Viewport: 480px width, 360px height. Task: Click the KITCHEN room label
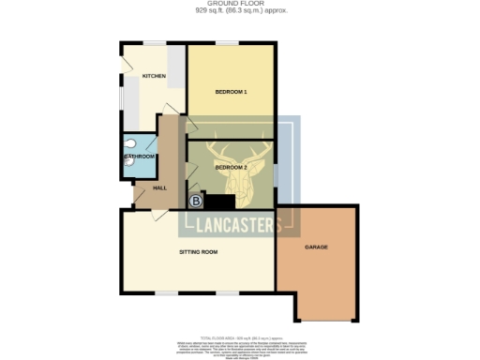point(153,76)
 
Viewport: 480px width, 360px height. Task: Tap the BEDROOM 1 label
point(231,92)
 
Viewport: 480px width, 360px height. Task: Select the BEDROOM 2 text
point(231,167)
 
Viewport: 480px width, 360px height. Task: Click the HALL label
point(147,188)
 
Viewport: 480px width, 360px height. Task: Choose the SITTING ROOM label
point(199,252)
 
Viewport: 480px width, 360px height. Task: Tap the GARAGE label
point(315,247)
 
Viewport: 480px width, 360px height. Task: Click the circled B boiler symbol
point(196,202)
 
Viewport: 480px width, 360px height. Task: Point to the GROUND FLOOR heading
point(240,5)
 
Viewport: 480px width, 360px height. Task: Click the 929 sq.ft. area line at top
point(240,11)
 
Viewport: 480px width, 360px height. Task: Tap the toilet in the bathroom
point(127,161)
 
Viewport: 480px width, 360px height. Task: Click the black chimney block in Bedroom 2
point(220,202)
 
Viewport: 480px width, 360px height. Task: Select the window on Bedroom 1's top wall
point(228,43)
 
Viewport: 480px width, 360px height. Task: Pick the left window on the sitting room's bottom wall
point(167,292)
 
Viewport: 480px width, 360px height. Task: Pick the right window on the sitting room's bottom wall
point(227,292)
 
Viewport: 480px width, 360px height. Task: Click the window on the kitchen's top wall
point(153,43)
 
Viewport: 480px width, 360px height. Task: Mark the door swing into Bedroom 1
point(191,125)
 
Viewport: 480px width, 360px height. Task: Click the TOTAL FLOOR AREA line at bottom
point(240,335)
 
